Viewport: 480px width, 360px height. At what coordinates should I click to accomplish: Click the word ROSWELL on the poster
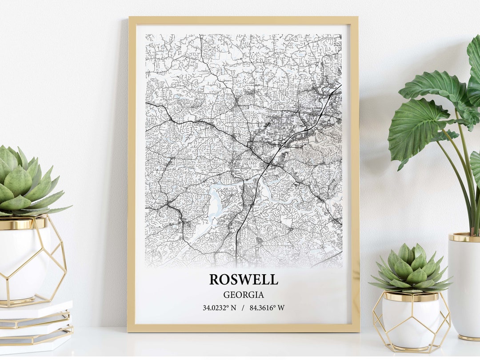coord(244,279)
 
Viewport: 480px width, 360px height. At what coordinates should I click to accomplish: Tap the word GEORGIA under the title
coord(244,295)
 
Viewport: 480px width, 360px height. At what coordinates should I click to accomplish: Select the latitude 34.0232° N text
coord(220,308)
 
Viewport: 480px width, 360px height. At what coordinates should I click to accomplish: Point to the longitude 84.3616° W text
coord(267,308)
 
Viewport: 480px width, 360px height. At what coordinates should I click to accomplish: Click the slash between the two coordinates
coord(243,308)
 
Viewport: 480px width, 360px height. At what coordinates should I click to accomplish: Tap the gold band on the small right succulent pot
coord(411,296)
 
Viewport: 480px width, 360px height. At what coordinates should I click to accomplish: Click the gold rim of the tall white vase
coord(464,237)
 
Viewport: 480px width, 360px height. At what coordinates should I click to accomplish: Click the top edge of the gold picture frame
coord(243,20)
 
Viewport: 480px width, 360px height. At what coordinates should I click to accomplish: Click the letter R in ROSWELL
coord(214,279)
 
